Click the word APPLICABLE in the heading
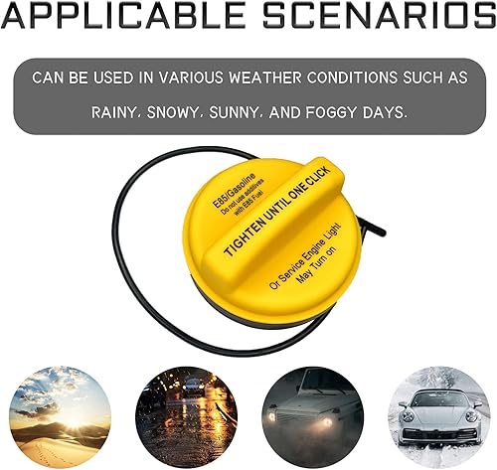[x=123, y=15]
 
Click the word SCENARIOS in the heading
[x=380, y=15]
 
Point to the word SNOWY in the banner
[x=172, y=113]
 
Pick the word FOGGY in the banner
[x=331, y=113]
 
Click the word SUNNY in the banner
[x=234, y=113]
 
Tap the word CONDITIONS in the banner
[x=352, y=78]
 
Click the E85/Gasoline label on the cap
[x=235, y=191]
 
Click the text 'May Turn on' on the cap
[x=316, y=263]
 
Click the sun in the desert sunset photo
[x=74, y=421]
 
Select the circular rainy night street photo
[x=187, y=417]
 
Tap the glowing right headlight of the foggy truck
[x=327, y=422]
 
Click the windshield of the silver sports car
[x=437, y=398]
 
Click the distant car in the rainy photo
[x=192, y=387]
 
